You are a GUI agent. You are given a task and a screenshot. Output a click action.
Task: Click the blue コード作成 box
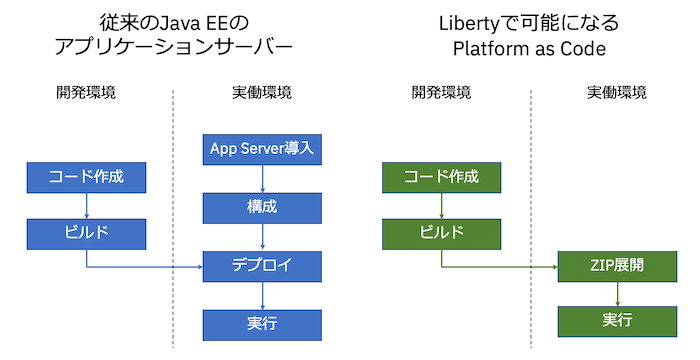point(86,178)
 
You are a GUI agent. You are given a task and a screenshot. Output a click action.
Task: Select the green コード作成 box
point(441,178)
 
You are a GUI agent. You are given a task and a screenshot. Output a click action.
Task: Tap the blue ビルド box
point(86,234)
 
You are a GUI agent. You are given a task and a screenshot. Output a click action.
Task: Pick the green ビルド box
point(441,234)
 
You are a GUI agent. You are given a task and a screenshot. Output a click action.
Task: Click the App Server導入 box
point(262,149)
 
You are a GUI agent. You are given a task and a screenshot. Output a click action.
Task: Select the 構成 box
point(262,207)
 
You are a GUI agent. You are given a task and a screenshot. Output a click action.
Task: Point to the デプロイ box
point(262,266)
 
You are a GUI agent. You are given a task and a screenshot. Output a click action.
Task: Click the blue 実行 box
point(262,323)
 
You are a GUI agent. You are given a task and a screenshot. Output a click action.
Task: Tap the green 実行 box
point(617,321)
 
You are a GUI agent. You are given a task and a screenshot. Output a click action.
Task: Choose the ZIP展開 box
point(617,266)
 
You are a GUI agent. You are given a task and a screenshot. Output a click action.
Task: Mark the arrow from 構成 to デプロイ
point(262,236)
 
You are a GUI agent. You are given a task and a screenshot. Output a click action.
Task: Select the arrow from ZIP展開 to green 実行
point(617,294)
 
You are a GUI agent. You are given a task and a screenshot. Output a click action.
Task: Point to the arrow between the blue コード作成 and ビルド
point(86,206)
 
